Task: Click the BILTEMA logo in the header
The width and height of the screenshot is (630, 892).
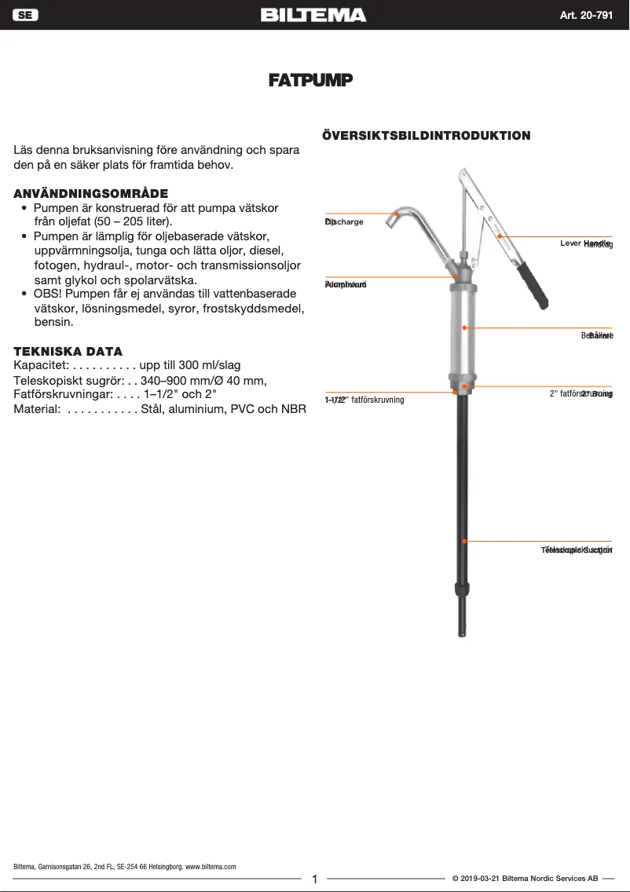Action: coord(313,15)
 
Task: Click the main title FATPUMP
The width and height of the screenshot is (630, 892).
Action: coord(310,80)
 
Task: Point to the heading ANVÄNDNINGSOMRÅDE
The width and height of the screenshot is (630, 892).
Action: coord(91,193)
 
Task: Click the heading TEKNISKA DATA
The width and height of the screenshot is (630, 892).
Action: coord(68,351)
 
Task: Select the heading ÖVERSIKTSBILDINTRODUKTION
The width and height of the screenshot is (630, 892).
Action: coord(427,135)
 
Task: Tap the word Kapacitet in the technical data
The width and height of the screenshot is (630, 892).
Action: coord(42,365)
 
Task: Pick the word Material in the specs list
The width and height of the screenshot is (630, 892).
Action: coord(37,409)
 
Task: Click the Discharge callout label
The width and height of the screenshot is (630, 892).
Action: coord(344,222)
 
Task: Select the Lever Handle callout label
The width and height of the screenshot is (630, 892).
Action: coord(585,243)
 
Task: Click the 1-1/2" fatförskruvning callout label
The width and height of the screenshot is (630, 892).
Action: coord(364,400)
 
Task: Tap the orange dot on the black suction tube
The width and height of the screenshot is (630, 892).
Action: coord(465,541)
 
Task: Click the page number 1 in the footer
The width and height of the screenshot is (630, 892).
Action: coord(314,879)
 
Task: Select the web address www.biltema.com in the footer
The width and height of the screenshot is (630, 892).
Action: coord(211,866)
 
